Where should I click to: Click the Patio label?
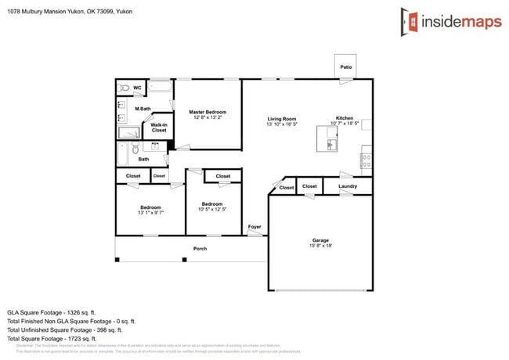click(345, 68)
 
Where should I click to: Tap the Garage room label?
click(320, 240)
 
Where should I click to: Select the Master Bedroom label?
click(208, 112)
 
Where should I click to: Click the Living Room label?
click(281, 119)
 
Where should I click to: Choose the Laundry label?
click(348, 186)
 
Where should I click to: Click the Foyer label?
click(254, 227)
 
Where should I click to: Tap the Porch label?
click(200, 249)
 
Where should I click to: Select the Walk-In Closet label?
click(159, 128)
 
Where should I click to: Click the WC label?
click(137, 88)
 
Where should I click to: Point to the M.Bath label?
click(143, 109)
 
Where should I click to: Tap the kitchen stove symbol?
click(366, 161)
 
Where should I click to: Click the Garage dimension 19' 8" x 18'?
click(320, 247)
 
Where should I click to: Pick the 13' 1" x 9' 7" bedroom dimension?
click(150, 213)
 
